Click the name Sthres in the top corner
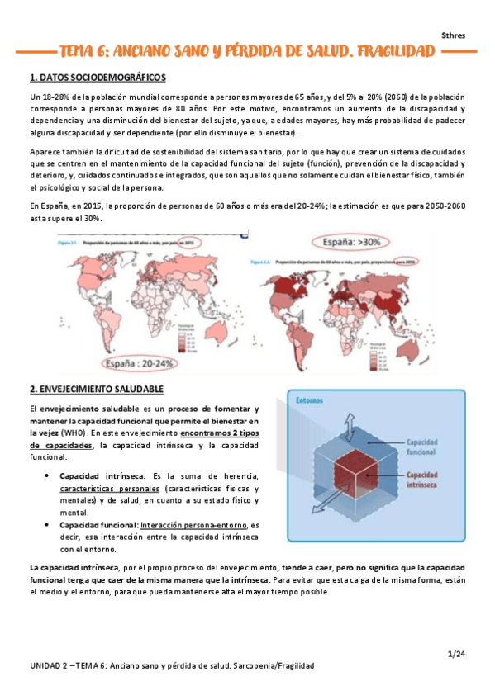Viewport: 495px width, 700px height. tap(453, 35)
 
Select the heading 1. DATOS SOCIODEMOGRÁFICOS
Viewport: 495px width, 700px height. tap(98, 78)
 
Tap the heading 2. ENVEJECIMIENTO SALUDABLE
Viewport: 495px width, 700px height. tap(96, 389)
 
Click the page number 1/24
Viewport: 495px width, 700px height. tap(456, 655)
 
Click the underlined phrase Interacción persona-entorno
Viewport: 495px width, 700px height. tap(194, 524)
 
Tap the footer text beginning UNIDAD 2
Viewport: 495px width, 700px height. tap(172, 665)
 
